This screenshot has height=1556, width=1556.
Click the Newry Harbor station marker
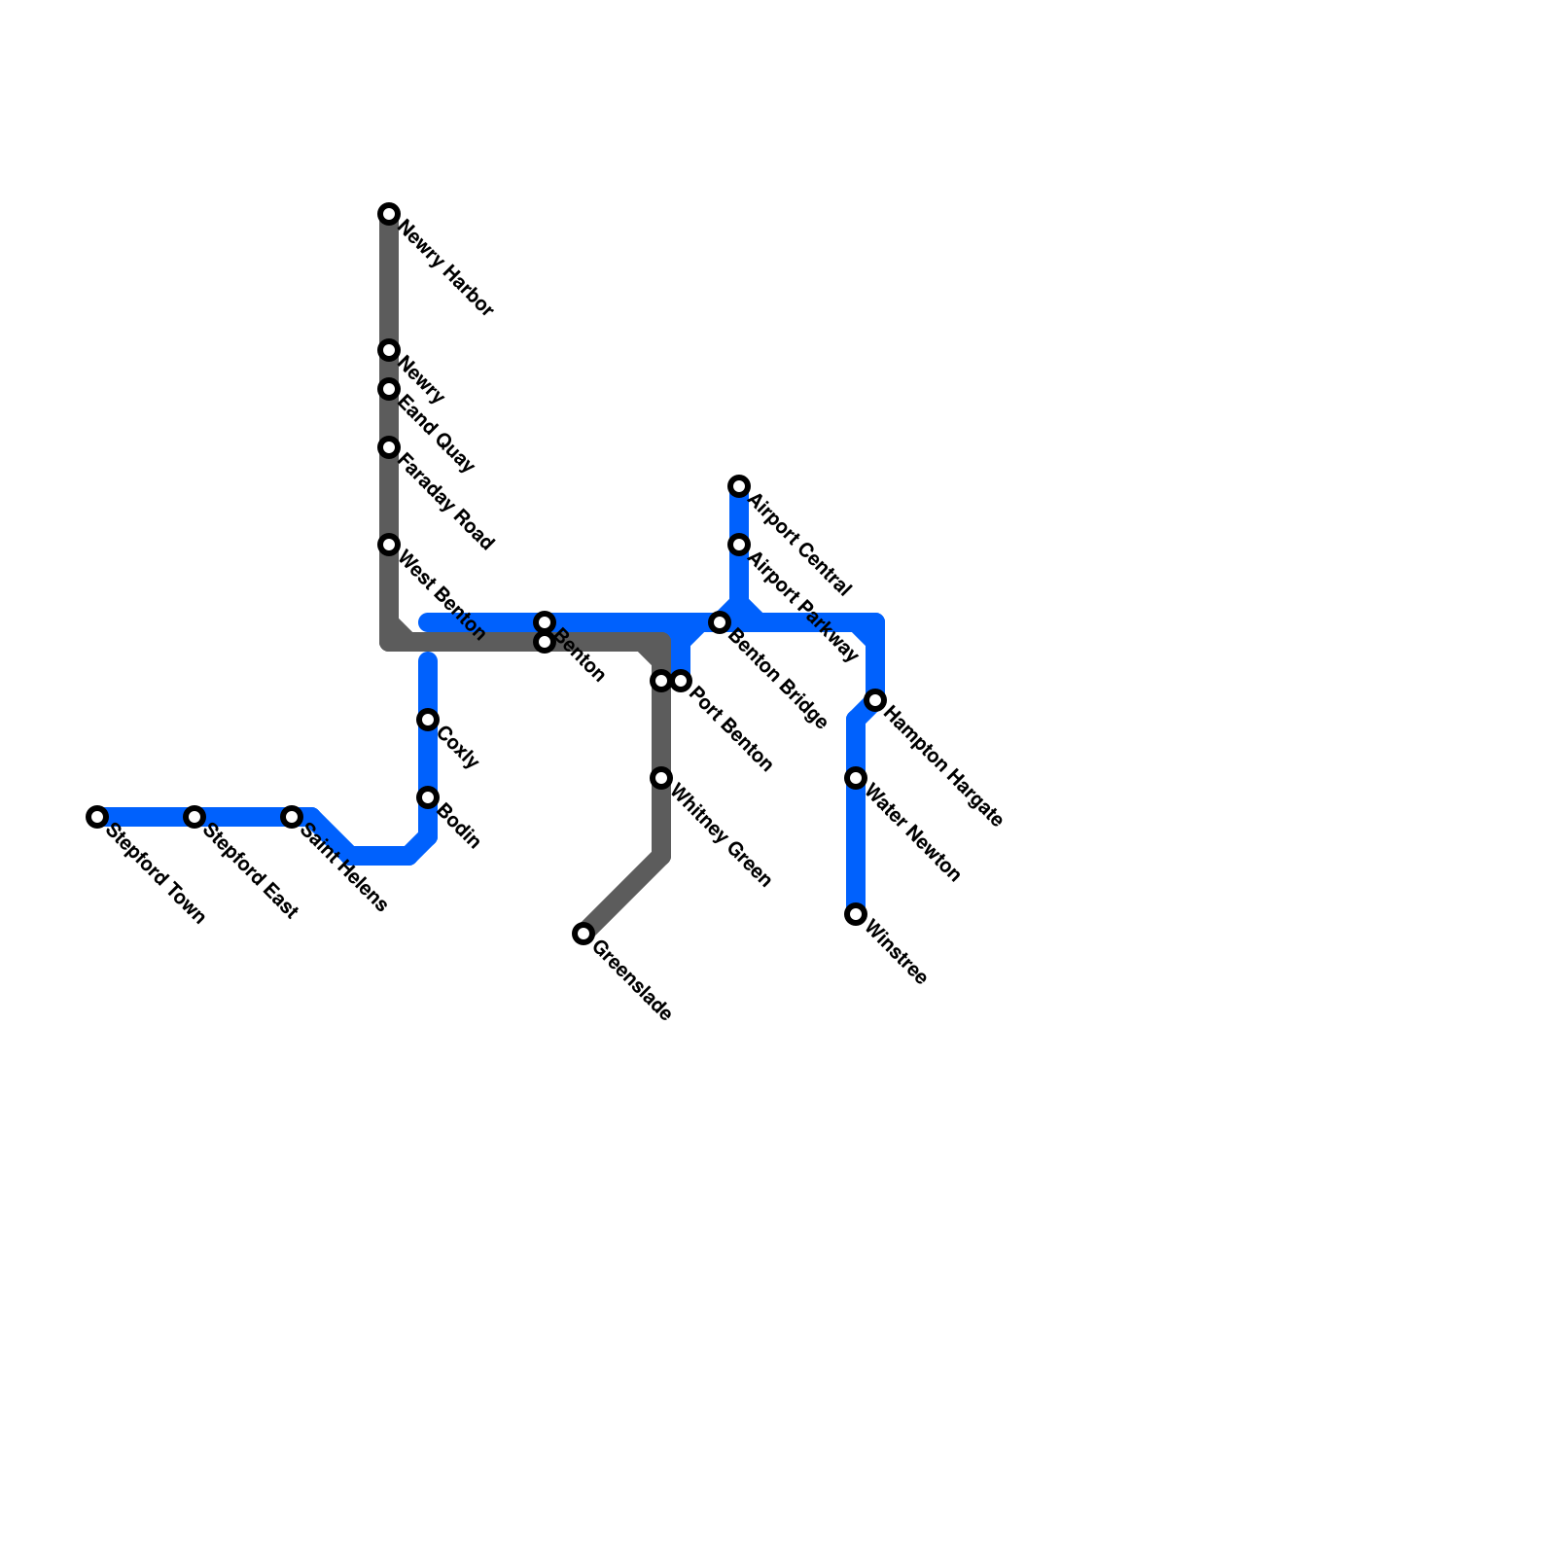(389, 214)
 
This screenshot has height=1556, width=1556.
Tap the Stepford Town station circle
(97, 817)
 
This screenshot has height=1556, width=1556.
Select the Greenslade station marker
(583, 934)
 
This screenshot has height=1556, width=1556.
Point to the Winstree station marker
(856, 914)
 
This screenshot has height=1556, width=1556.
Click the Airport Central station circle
(739, 486)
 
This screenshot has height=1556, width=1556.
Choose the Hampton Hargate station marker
(875, 700)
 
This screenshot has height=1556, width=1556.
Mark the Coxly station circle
(428, 720)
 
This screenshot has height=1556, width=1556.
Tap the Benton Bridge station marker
(720, 622)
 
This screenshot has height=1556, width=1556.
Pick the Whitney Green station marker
(661, 778)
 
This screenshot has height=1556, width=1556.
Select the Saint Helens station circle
(292, 817)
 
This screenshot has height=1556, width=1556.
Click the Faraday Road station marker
(389, 447)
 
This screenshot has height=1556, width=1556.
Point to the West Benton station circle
(389, 545)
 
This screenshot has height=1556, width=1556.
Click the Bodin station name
(459, 827)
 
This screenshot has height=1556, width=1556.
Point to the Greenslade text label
(631, 981)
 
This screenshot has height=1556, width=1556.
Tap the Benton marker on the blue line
(545, 622)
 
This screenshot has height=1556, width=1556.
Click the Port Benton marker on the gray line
(661, 681)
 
